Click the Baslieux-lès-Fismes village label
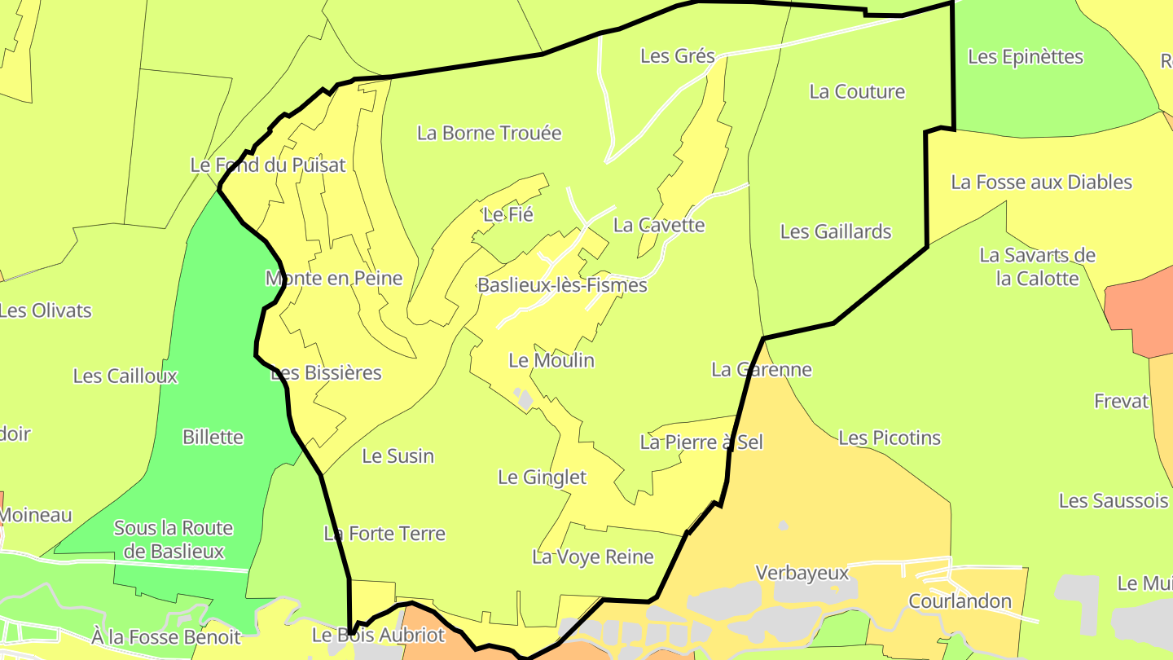pyautogui.click(x=562, y=285)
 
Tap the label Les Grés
pyautogui.click(x=677, y=56)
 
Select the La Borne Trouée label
pyautogui.click(x=489, y=133)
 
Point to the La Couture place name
pyautogui.click(x=857, y=91)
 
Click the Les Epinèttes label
pyautogui.click(x=1025, y=57)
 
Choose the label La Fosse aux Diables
pyautogui.click(x=1041, y=182)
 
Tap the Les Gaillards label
pyautogui.click(x=836, y=231)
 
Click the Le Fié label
pyautogui.click(x=507, y=215)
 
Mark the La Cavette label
pyautogui.click(x=658, y=225)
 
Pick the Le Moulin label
pyautogui.click(x=551, y=360)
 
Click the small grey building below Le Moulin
pyautogui.click(x=525, y=399)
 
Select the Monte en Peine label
pyautogui.click(x=334, y=279)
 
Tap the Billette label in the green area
pyautogui.click(x=213, y=437)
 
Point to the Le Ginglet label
pyautogui.click(x=542, y=477)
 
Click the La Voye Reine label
pyautogui.click(x=592, y=557)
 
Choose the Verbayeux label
pyautogui.click(x=802, y=573)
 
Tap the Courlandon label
pyautogui.click(x=960, y=602)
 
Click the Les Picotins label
pyautogui.click(x=889, y=438)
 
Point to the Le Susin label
pyautogui.click(x=398, y=456)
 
